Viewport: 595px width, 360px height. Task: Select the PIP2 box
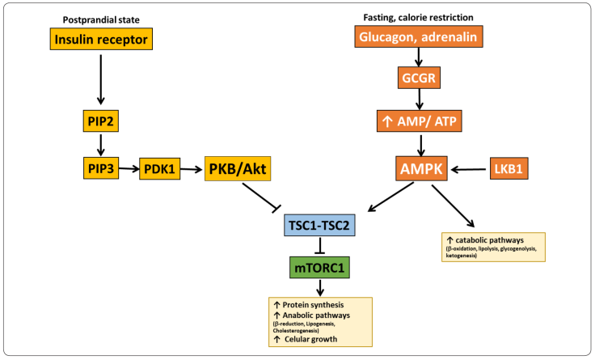pyautogui.click(x=101, y=121)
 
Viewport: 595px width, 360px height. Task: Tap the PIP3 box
pyautogui.click(x=101, y=168)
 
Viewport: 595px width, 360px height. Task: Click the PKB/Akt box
pyautogui.click(x=238, y=168)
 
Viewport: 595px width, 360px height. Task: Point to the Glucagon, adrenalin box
pyautogui.click(x=419, y=36)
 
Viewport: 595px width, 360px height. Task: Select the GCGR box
pyautogui.click(x=419, y=79)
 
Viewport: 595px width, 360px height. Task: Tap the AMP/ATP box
pyautogui.click(x=419, y=122)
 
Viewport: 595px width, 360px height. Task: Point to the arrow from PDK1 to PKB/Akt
pyautogui.click(x=193, y=168)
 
